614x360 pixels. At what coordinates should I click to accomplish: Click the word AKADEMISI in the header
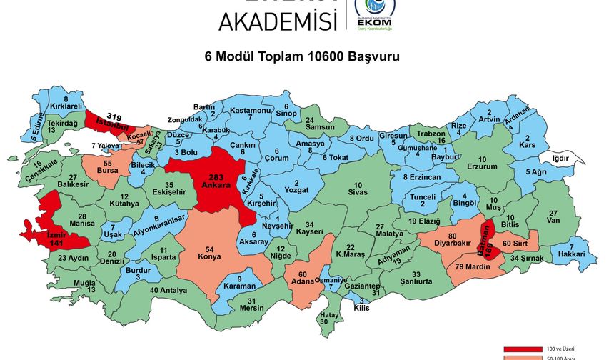(278, 21)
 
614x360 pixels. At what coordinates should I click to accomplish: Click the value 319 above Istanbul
(114, 116)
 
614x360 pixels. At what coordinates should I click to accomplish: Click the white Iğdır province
(562, 158)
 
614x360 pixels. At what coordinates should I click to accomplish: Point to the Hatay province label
(328, 318)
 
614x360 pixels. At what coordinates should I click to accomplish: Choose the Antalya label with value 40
(168, 290)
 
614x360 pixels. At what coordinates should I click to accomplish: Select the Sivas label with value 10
(358, 189)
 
